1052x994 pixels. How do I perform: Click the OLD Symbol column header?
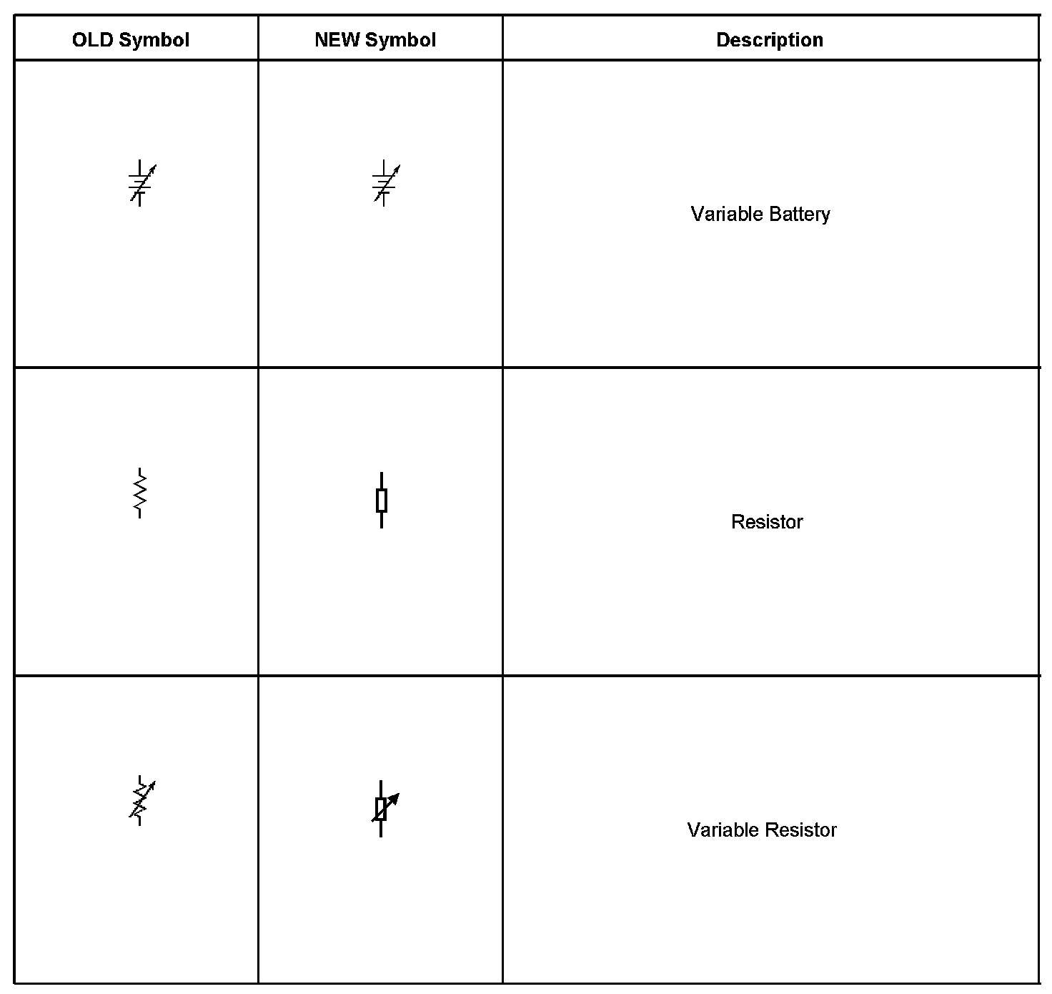[131, 40]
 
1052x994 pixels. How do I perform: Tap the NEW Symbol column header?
[375, 40]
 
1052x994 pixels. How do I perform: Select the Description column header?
[770, 40]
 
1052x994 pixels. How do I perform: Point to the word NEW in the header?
[337, 40]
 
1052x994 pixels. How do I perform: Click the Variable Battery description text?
[760, 215]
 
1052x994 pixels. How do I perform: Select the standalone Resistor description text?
[767, 522]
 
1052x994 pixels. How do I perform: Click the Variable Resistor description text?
[762, 830]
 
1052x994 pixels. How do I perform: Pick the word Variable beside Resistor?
[723, 830]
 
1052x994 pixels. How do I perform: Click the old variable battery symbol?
[141, 183]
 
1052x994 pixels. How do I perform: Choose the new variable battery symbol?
[385, 183]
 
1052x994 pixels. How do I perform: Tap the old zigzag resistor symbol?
[140, 493]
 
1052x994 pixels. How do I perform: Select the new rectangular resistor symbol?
[382, 501]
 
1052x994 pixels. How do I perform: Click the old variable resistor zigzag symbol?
[141, 801]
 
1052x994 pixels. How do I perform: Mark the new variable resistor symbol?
[382, 809]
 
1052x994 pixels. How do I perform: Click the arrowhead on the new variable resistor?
[394, 797]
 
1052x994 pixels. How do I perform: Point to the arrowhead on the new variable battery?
[397, 168]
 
